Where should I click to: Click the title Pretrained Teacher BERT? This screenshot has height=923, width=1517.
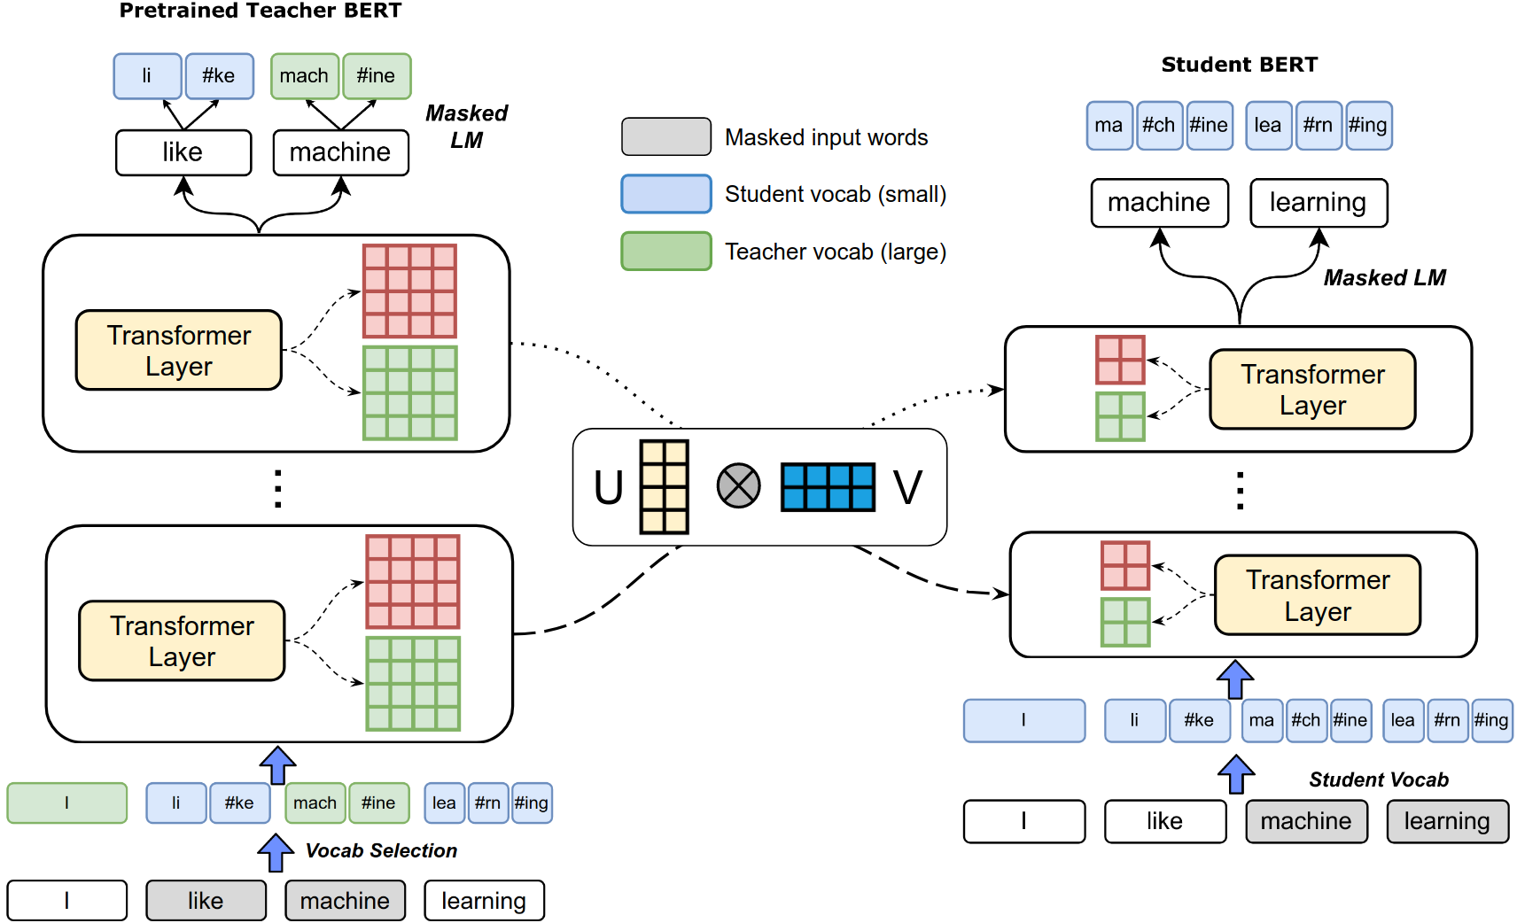[x=260, y=10]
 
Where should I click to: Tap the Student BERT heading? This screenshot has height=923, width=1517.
[x=1240, y=65]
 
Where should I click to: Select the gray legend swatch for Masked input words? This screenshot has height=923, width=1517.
[x=666, y=136]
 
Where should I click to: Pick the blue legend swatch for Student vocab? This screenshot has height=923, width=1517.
[x=666, y=194]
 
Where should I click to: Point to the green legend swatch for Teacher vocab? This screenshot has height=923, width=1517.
[x=666, y=252]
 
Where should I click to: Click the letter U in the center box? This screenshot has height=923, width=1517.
[x=608, y=487]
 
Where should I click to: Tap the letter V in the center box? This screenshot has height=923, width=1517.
[x=907, y=487]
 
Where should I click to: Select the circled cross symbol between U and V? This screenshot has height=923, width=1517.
[x=738, y=485]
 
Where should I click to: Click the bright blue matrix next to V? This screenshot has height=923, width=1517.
[x=828, y=487]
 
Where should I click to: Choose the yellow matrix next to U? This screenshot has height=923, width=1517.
[x=665, y=487]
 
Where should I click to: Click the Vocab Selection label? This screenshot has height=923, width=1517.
[x=381, y=850]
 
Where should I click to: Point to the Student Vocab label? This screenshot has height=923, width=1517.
[x=1379, y=780]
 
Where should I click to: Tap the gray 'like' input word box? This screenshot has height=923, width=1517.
[x=206, y=900]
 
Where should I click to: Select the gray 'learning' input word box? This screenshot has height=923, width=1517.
[x=1448, y=821]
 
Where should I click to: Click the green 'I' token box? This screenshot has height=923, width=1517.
[x=67, y=803]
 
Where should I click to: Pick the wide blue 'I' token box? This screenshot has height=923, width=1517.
[x=1024, y=720]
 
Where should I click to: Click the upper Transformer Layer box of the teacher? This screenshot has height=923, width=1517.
[x=179, y=350]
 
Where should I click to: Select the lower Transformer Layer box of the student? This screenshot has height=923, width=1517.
[x=1318, y=595]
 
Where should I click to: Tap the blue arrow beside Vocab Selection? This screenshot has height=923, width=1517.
[x=276, y=852]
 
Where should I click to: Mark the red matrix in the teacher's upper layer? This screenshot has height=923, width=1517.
[x=409, y=291]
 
